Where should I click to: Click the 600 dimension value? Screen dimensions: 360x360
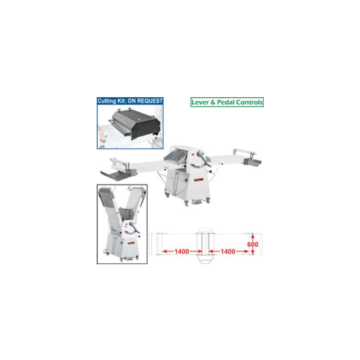252,244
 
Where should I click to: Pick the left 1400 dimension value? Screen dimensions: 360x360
182,252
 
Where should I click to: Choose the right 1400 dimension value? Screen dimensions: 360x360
228,252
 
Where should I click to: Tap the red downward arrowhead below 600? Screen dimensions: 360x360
252,252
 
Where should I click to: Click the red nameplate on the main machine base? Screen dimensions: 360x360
198,180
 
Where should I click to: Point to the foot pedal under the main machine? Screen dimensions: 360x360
197,202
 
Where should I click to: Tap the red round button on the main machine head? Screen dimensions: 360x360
193,155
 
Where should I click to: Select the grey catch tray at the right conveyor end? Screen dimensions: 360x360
252,162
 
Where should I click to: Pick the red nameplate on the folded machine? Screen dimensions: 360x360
130,243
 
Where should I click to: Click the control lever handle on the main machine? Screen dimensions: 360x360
204,158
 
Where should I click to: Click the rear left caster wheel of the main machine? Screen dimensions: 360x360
167,195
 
